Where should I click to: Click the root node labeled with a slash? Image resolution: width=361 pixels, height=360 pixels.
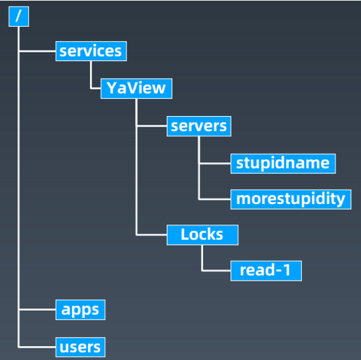click(18, 16)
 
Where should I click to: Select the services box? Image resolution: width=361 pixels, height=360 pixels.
click(91, 51)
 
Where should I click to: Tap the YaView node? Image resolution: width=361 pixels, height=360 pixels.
click(136, 89)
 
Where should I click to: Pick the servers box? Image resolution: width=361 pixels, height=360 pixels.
click(199, 127)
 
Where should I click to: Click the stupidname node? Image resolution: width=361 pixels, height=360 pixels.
click(283, 164)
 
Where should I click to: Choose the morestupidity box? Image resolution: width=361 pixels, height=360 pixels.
click(291, 199)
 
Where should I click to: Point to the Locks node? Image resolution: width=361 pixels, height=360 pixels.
click(202, 235)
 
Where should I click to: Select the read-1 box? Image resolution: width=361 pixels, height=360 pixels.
click(266, 271)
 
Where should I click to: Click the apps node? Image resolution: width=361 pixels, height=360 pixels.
click(81, 310)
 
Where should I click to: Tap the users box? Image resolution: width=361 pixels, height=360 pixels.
click(81, 347)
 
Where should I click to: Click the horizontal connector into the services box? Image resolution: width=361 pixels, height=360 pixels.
click(37, 51)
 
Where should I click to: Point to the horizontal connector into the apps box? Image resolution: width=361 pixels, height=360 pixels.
click(37, 310)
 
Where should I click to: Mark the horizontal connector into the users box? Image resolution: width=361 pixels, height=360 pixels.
click(37, 347)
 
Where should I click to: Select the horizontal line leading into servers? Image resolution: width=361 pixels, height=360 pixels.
click(152, 126)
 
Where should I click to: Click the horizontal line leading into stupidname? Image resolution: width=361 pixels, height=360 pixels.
click(216, 164)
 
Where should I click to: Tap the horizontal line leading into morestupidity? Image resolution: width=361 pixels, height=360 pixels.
click(215, 199)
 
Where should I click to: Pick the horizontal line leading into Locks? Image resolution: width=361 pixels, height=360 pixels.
click(151, 235)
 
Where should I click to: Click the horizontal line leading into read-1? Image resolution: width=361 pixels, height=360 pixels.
click(216, 271)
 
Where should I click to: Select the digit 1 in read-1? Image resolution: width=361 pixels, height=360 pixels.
click(287, 270)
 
